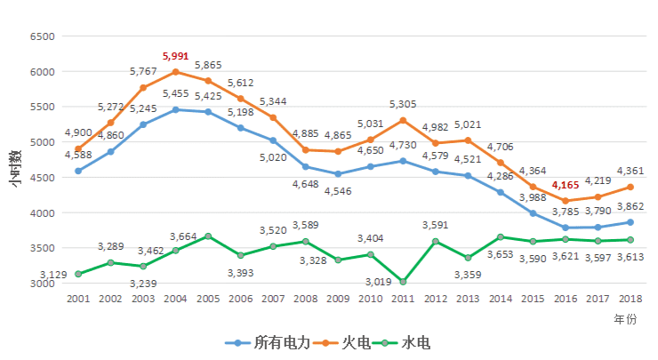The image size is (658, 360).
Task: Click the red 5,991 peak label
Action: (x=176, y=55)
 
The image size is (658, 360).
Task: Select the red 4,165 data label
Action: (x=566, y=186)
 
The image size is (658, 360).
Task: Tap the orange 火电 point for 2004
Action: (x=176, y=71)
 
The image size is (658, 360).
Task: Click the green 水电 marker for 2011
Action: (x=403, y=282)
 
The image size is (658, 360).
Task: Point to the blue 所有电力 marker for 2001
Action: (x=78, y=171)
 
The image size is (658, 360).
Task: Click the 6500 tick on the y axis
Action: (x=43, y=36)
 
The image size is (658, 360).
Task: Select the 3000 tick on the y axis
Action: (x=43, y=284)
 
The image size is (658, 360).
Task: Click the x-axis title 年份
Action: (x=625, y=317)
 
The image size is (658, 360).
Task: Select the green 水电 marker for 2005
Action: (x=208, y=236)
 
